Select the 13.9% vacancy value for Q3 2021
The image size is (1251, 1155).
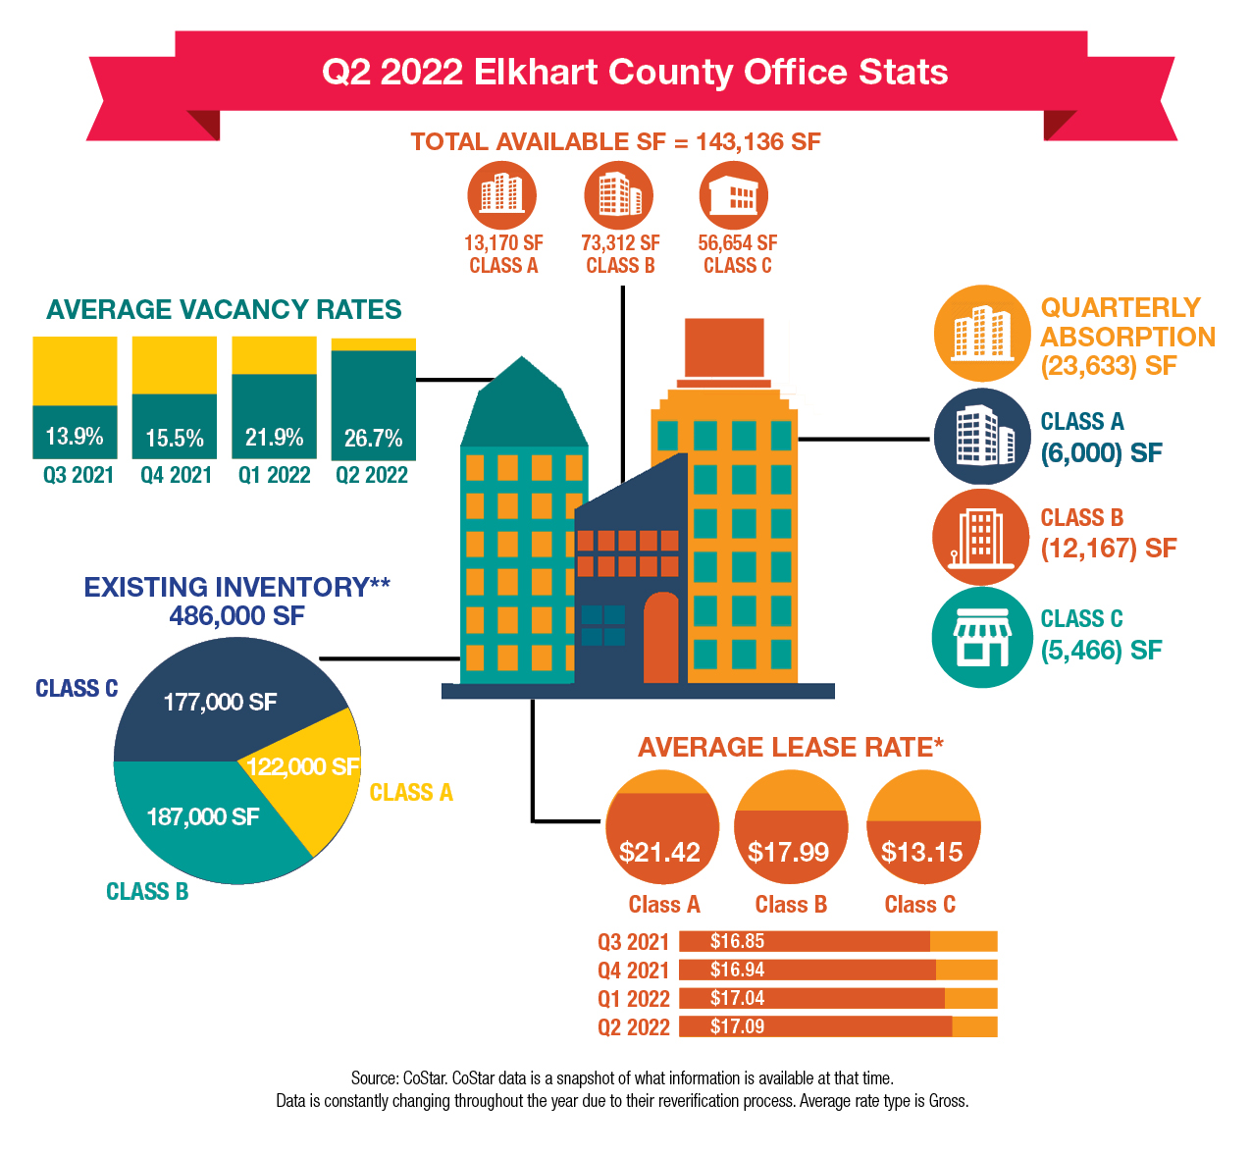[75, 436]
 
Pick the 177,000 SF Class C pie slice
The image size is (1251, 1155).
[220, 702]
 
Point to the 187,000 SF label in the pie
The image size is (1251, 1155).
[203, 816]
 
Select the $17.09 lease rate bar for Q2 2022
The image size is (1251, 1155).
[815, 1027]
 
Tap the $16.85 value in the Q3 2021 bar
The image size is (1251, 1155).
[737, 942]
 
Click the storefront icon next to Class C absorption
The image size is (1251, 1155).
[981, 638]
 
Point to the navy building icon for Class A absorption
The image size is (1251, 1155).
[981, 436]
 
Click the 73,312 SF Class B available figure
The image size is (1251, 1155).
[620, 242]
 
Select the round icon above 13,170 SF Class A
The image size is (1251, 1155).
[502, 194]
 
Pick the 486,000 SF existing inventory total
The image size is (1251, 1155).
[236, 616]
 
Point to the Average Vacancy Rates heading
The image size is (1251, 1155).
[224, 310]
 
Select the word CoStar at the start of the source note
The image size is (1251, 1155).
[423, 1077]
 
